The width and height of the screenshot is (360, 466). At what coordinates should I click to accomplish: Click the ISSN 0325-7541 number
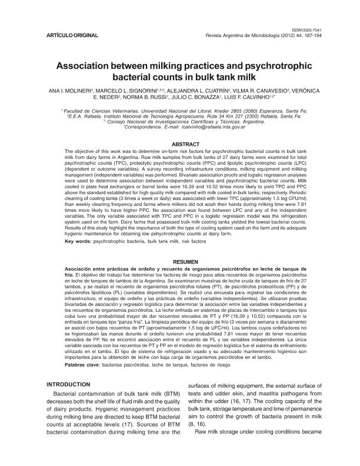pos(306,29)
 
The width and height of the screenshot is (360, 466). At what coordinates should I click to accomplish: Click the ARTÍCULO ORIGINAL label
pos(72,35)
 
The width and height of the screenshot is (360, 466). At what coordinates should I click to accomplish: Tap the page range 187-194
pos(306,35)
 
